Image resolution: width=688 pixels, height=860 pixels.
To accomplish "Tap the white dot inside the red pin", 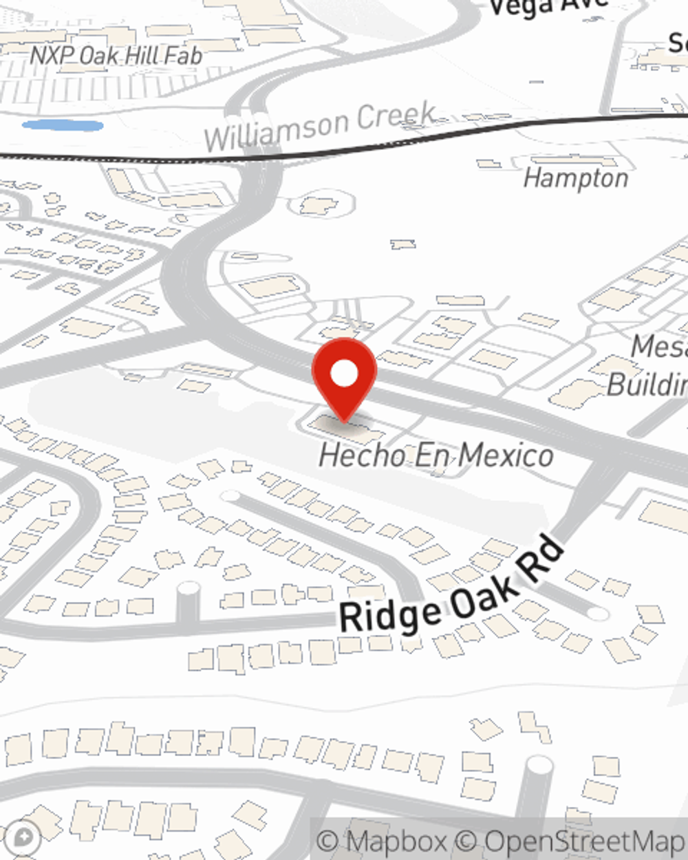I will pos(344,374).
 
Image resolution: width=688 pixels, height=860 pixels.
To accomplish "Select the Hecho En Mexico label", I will pos(436,455).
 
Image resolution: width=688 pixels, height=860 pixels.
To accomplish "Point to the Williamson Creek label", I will pos(321,127).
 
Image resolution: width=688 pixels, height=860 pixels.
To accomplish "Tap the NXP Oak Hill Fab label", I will pos(116,56).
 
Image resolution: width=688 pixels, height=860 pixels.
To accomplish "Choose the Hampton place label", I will pos(575,178).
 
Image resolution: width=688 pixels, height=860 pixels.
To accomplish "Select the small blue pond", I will pos(63,126).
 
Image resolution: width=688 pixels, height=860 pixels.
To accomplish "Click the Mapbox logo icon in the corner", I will pos(24,837).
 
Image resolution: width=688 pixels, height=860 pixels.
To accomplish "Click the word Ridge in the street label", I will pos(389,614).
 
